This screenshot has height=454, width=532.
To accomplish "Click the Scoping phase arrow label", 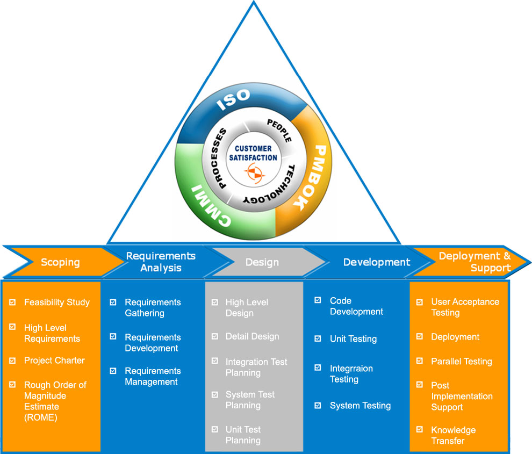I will [x=60, y=263].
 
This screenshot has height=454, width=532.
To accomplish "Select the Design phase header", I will [x=262, y=262].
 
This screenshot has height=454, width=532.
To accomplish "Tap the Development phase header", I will [x=376, y=262].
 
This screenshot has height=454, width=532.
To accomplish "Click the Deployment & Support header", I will [x=474, y=262].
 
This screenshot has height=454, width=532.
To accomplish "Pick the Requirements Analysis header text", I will [x=161, y=262].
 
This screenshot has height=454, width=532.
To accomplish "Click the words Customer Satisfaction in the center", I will [x=253, y=153].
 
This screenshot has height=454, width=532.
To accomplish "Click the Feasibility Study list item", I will [x=56, y=302].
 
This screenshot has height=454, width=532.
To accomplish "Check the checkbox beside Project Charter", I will [x=12, y=361].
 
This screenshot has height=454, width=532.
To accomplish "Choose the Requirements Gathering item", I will [x=153, y=308].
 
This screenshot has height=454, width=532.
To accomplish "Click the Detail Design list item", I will [x=252, y=336].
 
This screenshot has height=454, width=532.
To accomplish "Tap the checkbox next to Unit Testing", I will [x=318, y=338].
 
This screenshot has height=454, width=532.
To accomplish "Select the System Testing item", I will [x=360, y=406].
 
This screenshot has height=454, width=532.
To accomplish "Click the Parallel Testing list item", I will [x=461, y=362].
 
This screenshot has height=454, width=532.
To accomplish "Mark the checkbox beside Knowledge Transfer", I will [x=420, y=429].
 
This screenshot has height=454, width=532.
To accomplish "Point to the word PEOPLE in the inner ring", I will [x=280, y=131].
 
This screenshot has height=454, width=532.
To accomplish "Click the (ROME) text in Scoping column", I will [x=40, y=417].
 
